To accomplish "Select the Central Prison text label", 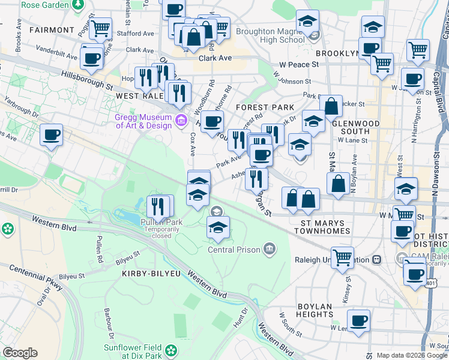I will [x=234, y=250].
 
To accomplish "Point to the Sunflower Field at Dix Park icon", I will [x=172, y=349].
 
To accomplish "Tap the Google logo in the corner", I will [x=20, y=353].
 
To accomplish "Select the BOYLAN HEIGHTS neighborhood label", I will [x=315, y=307].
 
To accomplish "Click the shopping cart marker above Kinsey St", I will [x=342, y=257].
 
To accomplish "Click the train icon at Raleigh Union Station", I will [x=376, y=260].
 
